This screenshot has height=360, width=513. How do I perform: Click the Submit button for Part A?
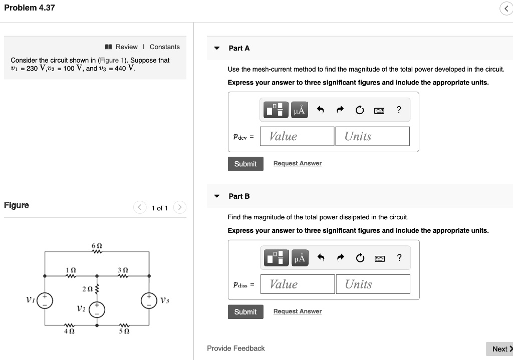[245, 164]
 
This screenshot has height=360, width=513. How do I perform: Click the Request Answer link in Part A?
[297, 164]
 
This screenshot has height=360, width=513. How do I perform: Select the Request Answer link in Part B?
[297, 311]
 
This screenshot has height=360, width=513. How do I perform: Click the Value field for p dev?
[297, 136]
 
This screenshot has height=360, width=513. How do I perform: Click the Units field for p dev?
[372, 136]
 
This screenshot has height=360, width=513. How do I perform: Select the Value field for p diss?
[297, 284]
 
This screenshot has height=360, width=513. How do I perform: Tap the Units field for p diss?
[373, 284]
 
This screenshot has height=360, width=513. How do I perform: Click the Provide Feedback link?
[236, 348]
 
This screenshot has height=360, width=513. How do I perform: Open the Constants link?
[164, 47]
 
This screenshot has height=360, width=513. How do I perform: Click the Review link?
[126, 47]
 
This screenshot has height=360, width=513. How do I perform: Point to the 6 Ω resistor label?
[97, 245]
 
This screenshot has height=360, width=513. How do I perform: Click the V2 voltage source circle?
[97, 310]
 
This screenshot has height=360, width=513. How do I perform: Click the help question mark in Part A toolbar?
[398, 110]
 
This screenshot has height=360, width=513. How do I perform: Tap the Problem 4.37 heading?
[30, 8]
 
